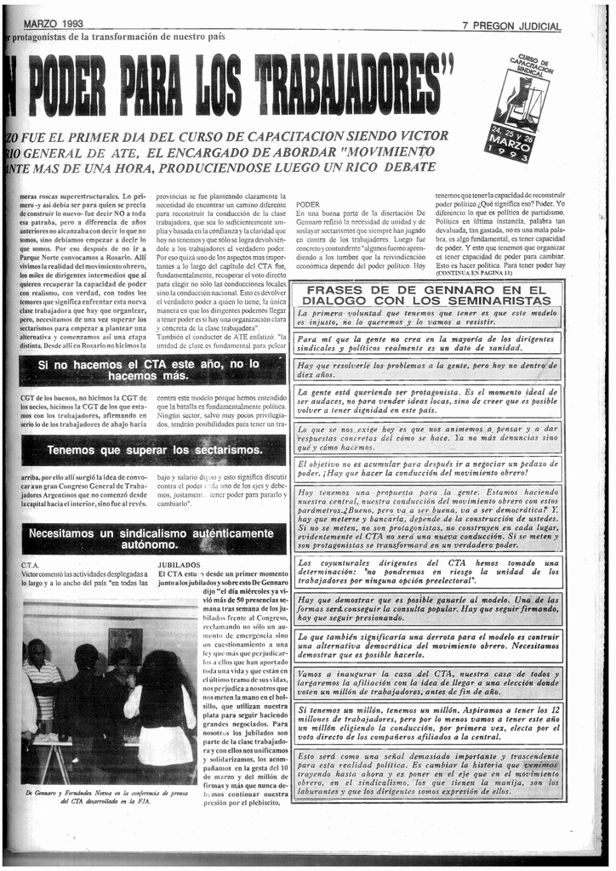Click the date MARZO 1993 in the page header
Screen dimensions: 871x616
[53, 25]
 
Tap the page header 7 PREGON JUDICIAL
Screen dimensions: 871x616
[511, 26]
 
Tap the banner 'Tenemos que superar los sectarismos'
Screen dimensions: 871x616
[154, 449]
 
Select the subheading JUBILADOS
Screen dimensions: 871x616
[179, 564]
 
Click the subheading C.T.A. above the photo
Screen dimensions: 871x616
[30, 564]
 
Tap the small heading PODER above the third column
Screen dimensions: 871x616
[307, 205]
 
